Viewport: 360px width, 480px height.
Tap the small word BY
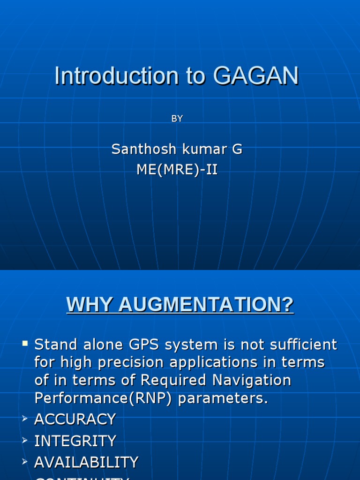(x=177, y=119)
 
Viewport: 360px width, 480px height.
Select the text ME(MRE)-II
(x=177, y=170)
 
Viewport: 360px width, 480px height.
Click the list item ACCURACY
(x=75, y=419)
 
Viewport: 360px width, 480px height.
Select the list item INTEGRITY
(x=75, y=441)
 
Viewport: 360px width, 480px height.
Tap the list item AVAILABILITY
(x=86, y=462)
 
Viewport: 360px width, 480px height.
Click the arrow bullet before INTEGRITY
(x=25, y=441)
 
